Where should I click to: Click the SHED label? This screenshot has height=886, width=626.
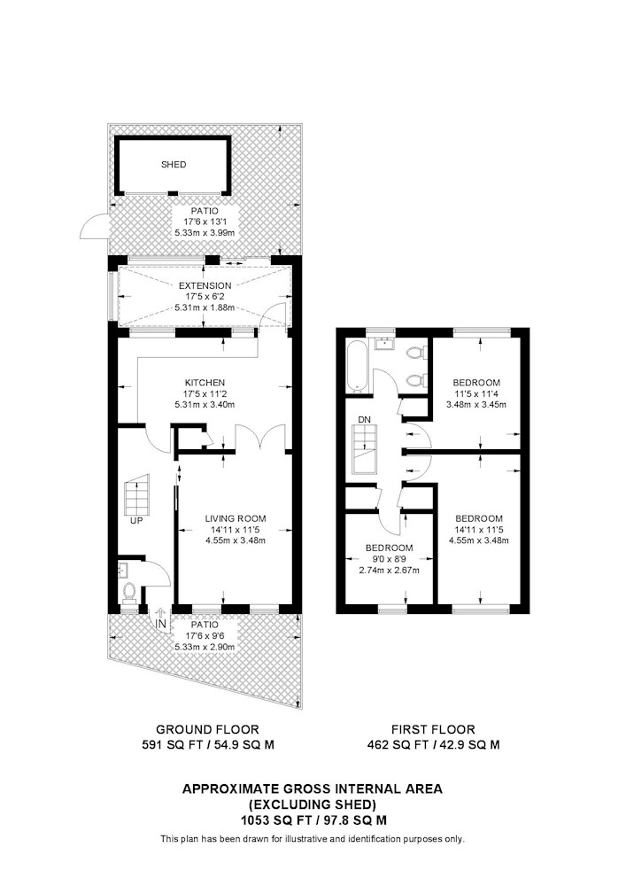(174, 165)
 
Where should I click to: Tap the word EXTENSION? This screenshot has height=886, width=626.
(205, 286)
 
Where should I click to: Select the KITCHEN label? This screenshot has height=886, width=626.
(205, 383)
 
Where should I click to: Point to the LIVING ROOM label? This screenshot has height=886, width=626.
(235, 518)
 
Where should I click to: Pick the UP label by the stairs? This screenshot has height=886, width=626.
(136, 520)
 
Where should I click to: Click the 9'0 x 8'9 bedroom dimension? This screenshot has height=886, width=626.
(389, 559)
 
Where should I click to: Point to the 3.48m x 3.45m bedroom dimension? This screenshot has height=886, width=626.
(475, 405)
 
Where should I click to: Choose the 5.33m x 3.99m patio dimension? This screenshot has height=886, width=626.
(205, 233)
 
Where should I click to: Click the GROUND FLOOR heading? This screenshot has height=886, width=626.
(207, 729)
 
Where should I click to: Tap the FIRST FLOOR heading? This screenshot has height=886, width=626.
(433, 729)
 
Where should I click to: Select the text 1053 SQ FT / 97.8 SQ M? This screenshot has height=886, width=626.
(313, 820)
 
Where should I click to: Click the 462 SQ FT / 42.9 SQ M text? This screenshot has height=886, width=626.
(433, 745)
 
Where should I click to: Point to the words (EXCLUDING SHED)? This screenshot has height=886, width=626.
(313, 804)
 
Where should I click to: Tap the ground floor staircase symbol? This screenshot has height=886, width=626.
(137, 494)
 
